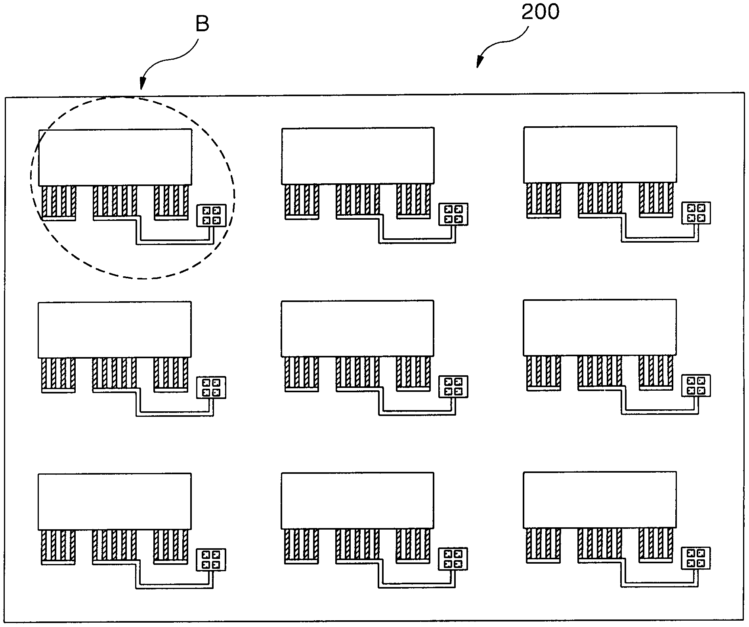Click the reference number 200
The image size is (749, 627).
point(540,12)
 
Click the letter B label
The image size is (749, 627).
point(202,24)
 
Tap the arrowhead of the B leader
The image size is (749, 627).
point(142,85)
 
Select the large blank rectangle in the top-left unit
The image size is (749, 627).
point(115,157)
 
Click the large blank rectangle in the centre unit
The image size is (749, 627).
point(357,329)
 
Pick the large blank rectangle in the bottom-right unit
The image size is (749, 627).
point(600,500)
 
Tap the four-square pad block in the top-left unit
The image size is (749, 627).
point(212,215)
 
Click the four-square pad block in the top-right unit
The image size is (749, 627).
point(696,213)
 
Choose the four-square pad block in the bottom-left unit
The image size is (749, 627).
point(211,560)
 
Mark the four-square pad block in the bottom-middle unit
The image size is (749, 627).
point(453,559)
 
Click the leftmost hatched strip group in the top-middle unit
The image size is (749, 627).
point(302,201)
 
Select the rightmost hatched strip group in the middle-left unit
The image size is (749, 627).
point(171,374)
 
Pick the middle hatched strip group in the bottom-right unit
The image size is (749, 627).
point(600,545)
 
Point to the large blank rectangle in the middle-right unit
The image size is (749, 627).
point(600,327)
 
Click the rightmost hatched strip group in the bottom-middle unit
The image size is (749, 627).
point(413,545)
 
